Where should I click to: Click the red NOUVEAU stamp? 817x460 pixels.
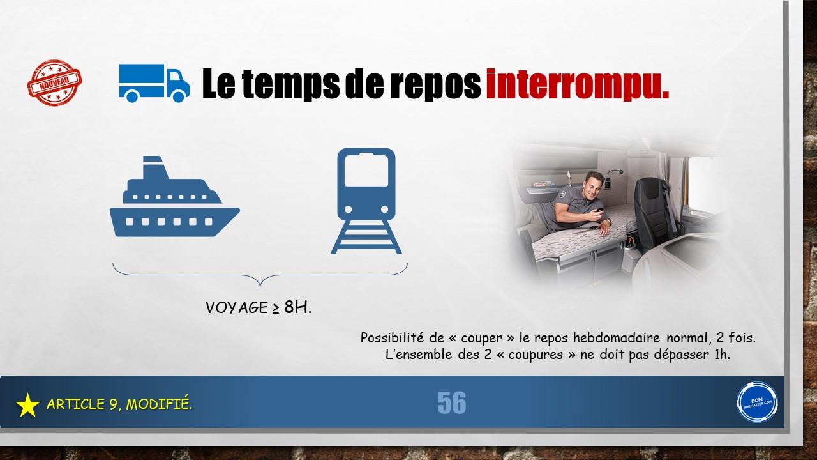coord(54,83)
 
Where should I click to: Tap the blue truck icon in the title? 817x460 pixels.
coord(154,83)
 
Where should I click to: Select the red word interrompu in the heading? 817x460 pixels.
coord(578,85)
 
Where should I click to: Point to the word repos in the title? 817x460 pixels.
coord(435,85)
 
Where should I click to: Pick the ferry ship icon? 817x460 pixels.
coord(175,196)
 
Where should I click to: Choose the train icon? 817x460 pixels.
coord(366,201)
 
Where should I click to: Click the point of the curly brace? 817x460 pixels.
coord(260,287)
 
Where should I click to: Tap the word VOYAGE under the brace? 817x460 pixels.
coord(237,307)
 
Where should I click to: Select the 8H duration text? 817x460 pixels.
coord(297,307)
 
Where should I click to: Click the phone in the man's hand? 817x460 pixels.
coord(599,210)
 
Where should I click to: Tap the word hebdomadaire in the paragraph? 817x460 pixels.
coord(617,338)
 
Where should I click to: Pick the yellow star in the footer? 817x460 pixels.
coord(27,405)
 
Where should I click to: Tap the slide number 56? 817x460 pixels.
coord(451,402)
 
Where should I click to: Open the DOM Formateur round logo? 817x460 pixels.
coord(757,402)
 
